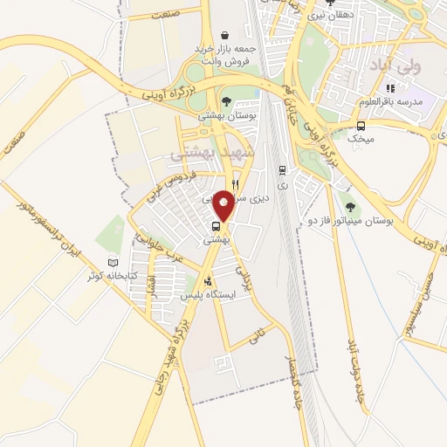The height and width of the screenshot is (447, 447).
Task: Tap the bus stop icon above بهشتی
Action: pyautogui.click(x=216, y=225)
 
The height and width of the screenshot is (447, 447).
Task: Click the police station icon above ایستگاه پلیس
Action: pyautogui.click(x=207, y=281)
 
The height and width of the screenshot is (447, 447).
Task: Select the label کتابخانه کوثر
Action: pyautogui.click(x=87, y=276)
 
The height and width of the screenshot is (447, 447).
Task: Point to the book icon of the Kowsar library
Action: pyautogui.click(x=110, y=263)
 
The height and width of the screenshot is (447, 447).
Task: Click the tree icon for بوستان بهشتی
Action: pyautogui.click(x=226, y=101)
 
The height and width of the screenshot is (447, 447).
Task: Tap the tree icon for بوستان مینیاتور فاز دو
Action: pyautogui.click(x=350, y=207)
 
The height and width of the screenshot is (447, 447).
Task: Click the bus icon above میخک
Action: pyautogui.click(x=361, y=126)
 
